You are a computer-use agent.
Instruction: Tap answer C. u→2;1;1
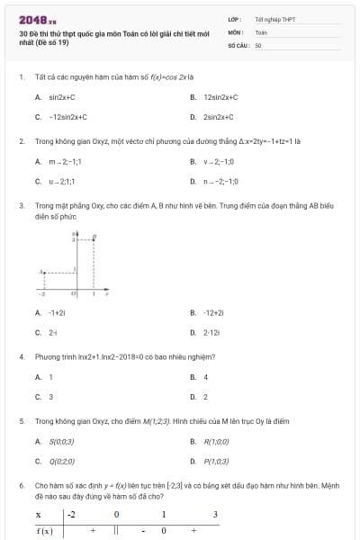coord(58,182)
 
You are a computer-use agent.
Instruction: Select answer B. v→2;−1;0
coord(217,162)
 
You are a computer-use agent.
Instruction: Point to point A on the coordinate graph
coord(42,271)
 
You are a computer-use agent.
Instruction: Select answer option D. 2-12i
coord(211,333)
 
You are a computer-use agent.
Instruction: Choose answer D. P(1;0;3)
coord(216,462)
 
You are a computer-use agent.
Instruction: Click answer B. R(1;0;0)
coord(216,441)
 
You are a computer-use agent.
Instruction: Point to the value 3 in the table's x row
coord(215,515)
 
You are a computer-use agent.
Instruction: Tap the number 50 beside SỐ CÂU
coord(258,44)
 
